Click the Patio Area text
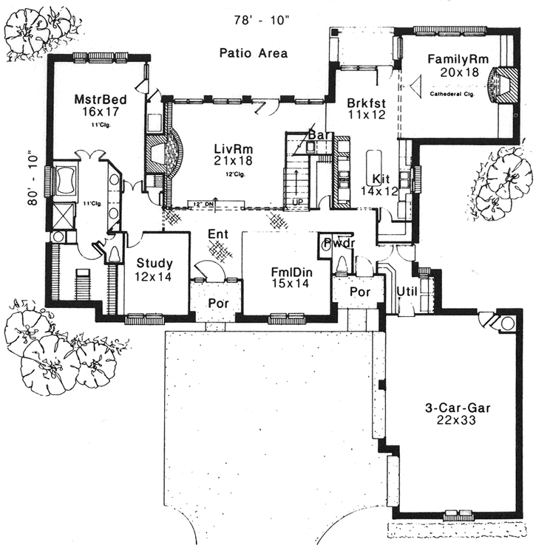(253, 53)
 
